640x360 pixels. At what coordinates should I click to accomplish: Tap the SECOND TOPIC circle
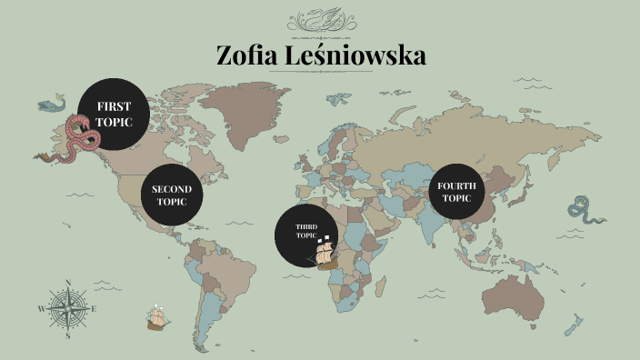point(172,195)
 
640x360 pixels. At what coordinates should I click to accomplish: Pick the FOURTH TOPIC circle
point(456,191)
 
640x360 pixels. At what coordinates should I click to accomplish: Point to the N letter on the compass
point(68,282)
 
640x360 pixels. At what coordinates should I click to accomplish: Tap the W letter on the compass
point(41,309)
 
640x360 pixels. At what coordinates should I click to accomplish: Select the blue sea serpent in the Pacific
point(585,211)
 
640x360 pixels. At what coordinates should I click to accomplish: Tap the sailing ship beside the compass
point(157,317)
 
